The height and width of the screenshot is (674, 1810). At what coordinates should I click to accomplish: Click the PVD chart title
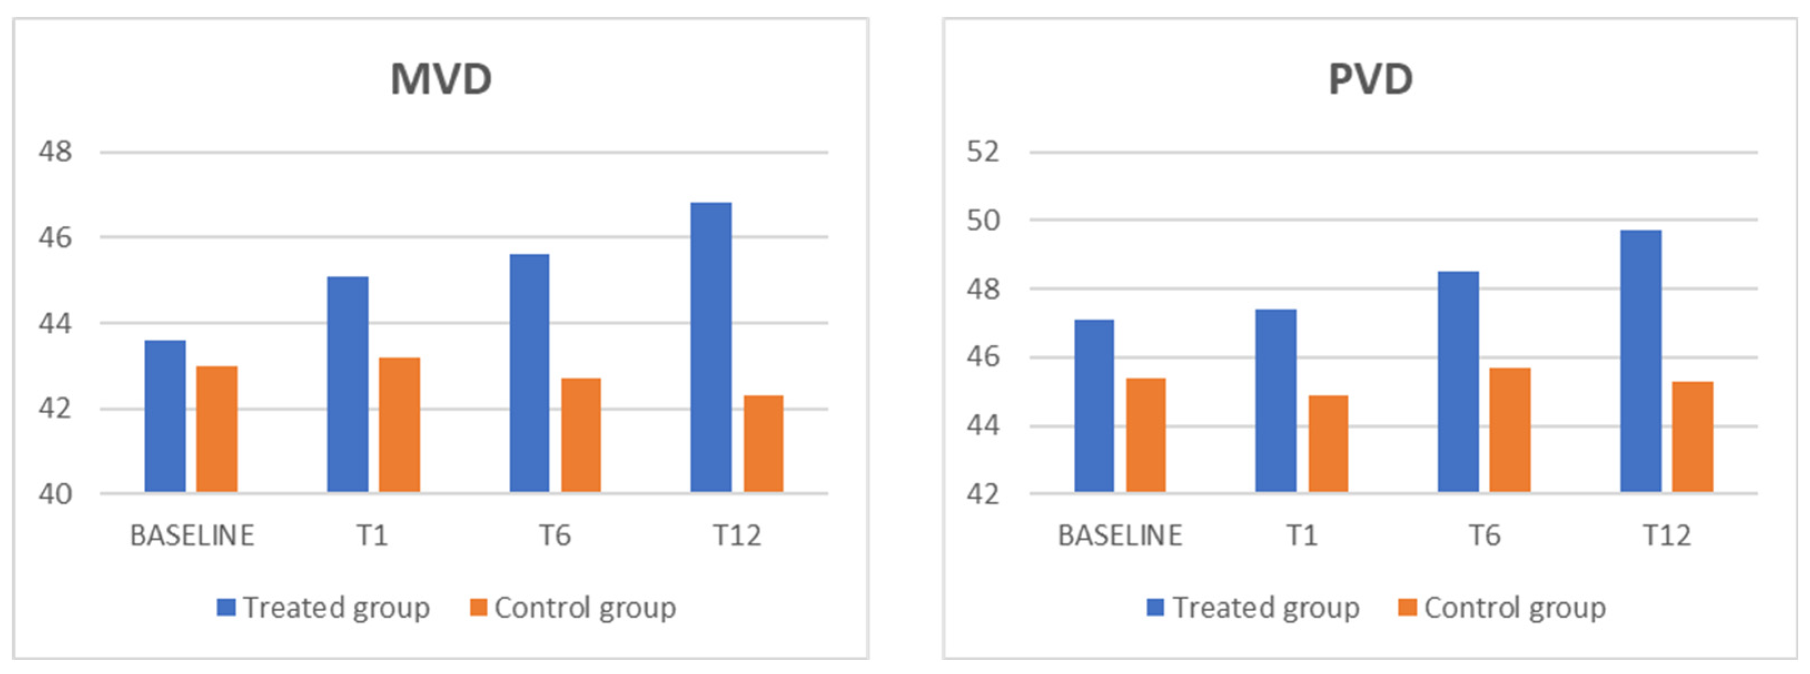[x=1370, y=79]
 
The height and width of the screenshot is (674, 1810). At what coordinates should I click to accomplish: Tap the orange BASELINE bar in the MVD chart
[x=216, y=429]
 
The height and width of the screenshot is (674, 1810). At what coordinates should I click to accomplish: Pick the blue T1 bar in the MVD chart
[x=348, y=384]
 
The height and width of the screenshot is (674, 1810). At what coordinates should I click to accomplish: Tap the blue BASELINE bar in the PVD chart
[x=1094, y=405]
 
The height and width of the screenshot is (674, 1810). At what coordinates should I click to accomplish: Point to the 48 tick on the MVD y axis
[x=55, y=151]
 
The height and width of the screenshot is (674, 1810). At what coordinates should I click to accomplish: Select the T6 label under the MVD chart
[x=554, y=536]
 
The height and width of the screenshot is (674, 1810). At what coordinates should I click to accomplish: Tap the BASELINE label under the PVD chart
[x=1120, y=536]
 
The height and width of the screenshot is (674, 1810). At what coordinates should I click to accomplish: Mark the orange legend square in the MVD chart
[x=479, y=607]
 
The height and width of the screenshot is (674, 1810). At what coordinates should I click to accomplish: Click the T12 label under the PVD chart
[x=1666, y=536]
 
